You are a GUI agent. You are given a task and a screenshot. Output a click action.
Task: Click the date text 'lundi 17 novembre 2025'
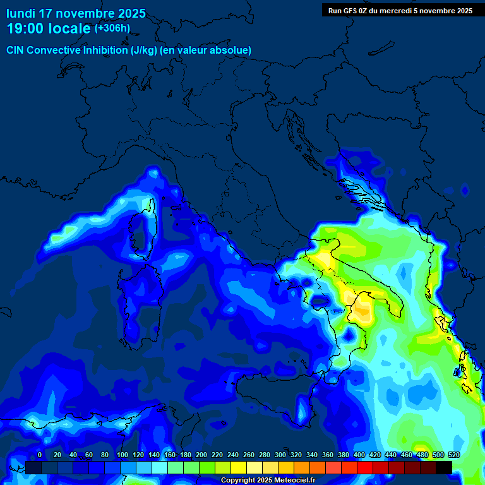click(76, 13)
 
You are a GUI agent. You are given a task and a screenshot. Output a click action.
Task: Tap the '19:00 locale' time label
click(49, 28)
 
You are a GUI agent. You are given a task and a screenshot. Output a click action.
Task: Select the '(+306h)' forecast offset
click(112, 28)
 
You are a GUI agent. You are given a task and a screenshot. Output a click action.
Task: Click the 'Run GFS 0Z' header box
click(400, 10)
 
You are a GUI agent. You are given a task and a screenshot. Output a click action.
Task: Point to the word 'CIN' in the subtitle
click(16, 50)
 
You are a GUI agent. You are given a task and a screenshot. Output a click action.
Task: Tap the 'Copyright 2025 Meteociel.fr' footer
click(268, 481)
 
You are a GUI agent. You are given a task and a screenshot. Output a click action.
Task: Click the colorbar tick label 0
click(40, 455)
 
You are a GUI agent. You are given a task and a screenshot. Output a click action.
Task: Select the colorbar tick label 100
click(105, 455)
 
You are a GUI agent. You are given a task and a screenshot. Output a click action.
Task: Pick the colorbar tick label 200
click(201, 455)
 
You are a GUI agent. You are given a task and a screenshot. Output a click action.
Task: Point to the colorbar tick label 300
click(280, 455)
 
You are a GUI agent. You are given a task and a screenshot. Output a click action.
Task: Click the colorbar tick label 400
click(359, 455)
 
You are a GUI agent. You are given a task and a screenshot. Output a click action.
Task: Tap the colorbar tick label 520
click(453, 455)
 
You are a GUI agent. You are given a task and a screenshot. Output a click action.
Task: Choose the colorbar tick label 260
click(249, 455)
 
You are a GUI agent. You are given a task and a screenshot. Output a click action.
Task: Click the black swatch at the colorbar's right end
click(444, 467)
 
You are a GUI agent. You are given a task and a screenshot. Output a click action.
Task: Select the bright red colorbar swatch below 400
click(365, 467)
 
